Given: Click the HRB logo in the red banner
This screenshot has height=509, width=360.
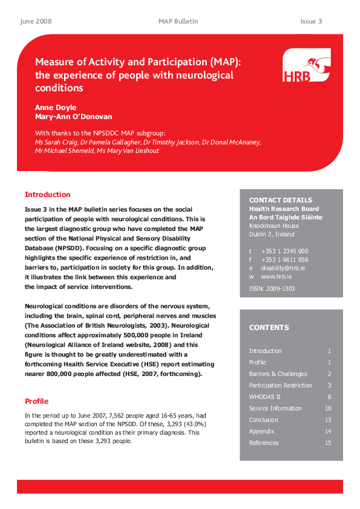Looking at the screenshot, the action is (306, 66).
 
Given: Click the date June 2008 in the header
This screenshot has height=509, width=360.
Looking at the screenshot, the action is (36, 21).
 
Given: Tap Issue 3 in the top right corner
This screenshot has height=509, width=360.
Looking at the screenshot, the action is (311, 21).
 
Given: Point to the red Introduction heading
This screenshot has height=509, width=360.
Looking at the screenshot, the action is (47, 195).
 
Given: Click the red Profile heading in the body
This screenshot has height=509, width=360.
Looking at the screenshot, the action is (36, 401).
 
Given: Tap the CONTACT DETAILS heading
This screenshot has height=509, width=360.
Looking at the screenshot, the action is (281, 200).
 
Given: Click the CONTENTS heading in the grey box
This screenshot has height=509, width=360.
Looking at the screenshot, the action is (269, 328).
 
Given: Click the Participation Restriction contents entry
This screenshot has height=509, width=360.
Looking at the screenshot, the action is (281, 385).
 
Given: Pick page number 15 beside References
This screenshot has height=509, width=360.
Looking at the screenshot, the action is (327, 443).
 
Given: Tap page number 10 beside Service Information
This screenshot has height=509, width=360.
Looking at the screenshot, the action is (327, 408).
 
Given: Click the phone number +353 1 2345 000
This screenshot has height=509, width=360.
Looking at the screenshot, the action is (284, 251).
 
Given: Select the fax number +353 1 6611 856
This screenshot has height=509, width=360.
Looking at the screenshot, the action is (284, 259).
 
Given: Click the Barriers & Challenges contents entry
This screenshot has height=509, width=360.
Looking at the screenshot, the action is (278, 374).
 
